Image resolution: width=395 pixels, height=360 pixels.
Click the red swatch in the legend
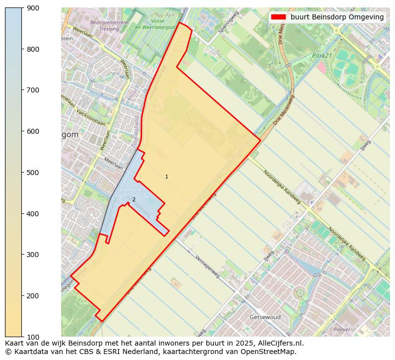pyautogui.click(x=278, y=17)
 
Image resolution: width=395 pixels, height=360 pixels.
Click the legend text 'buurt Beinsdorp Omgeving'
pyautogui.click(x=337, y=17)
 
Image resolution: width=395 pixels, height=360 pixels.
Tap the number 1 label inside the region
pyautogui.click(x=166, y=177)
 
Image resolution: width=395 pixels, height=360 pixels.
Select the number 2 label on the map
pyautogui.click(x=134, y=200)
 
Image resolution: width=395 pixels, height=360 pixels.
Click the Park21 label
pyautogui.click(x=322, y=56)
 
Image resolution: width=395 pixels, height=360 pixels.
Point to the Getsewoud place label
pyautogui.click(x=265, y=317)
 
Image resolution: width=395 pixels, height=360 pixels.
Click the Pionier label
pyautogui.click(x=342, y=329)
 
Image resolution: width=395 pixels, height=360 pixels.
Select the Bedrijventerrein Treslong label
pyautogui.click(x=109, y=25)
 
